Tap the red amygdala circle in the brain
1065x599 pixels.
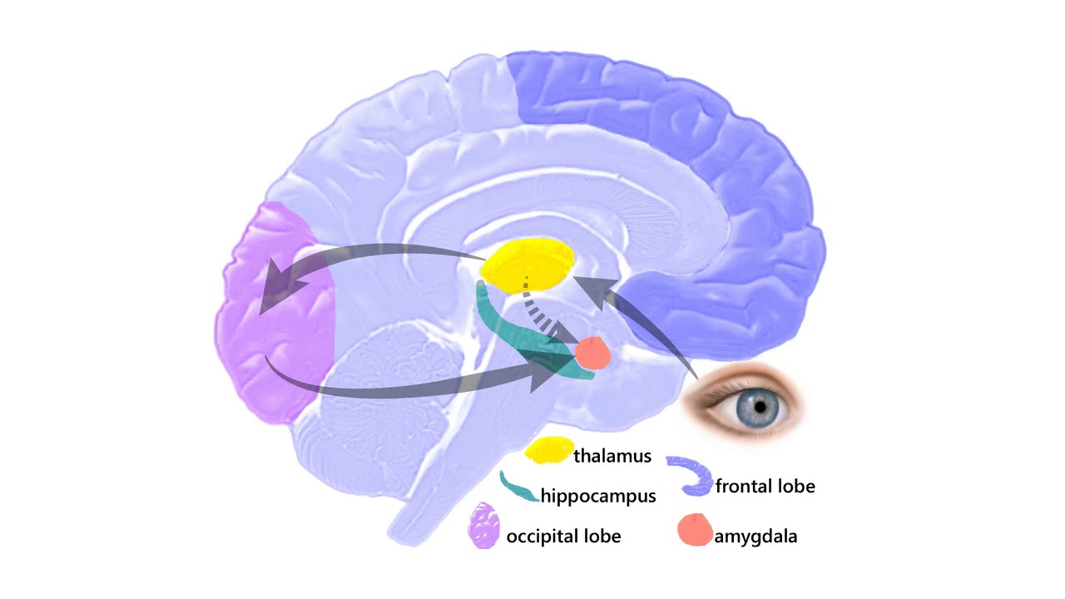[593, 353]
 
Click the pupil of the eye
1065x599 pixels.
[760, 406]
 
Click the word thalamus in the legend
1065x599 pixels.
[612, 456]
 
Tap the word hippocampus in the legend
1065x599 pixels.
[598, 497]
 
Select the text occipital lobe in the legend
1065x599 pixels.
[564, 537]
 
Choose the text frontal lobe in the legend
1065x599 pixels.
[765, 486]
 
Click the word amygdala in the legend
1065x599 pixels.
[755, 537]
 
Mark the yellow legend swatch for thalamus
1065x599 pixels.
[549, 450]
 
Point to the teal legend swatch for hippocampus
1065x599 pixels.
[518, 488]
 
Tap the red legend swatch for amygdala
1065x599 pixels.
[695, 530]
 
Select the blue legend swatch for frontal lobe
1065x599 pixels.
[691, 474]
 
